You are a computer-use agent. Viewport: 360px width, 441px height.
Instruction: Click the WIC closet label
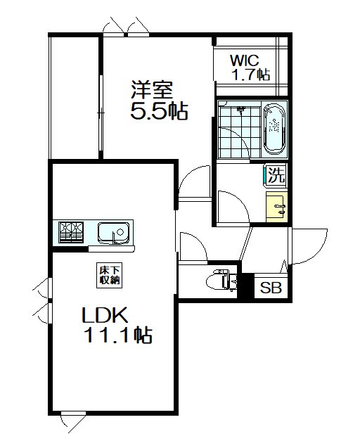[x=244, y=60]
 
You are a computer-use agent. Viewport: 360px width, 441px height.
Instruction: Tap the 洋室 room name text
[x=152, y=90]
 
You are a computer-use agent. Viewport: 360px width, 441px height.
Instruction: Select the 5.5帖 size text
[x=159, y=111]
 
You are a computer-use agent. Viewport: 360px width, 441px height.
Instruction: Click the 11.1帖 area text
[x=118, y=335]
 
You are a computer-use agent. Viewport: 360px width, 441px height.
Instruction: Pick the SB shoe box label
[x=271, y=288]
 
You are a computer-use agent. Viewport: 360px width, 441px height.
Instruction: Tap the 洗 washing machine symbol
[x=276, y=175]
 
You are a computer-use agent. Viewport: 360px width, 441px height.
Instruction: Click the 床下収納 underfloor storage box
[x=110, y=275]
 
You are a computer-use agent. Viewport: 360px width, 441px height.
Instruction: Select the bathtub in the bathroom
[x=274, y=129]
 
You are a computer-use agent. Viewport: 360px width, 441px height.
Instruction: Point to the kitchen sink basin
[x=114, y=233]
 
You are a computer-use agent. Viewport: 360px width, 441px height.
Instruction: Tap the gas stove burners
[x=71, y=233]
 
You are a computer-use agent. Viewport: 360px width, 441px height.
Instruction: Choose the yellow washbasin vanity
[x=277, y=207]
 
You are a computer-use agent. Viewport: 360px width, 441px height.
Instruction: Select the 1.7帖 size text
[x=251, y=75]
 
